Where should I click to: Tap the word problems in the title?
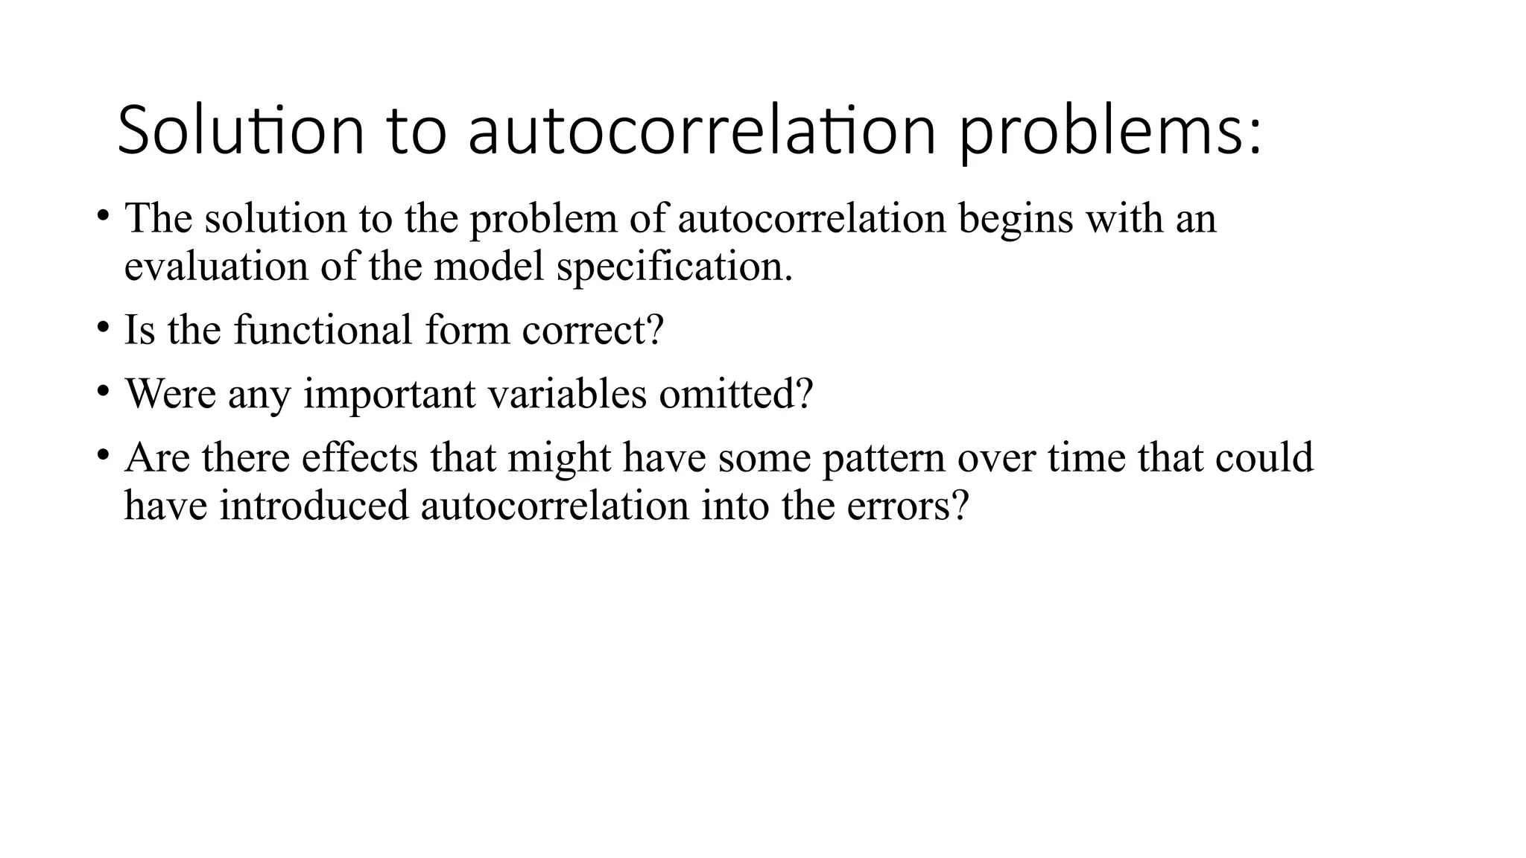[x=1110, y=131]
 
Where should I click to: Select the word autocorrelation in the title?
[x=701, y=131]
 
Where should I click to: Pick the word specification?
[x=674, y=266]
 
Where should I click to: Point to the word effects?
[x=359, y=457]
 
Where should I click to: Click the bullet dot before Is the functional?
[x=103, y=327]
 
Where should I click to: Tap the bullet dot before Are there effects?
[x=103, y=455]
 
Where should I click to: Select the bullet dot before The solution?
[x=103, y=216]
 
